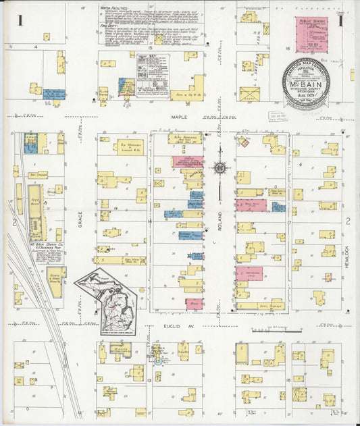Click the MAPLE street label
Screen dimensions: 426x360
(179, 117)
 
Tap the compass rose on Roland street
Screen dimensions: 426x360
(220, 167)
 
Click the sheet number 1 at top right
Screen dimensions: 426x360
(341, 21)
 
